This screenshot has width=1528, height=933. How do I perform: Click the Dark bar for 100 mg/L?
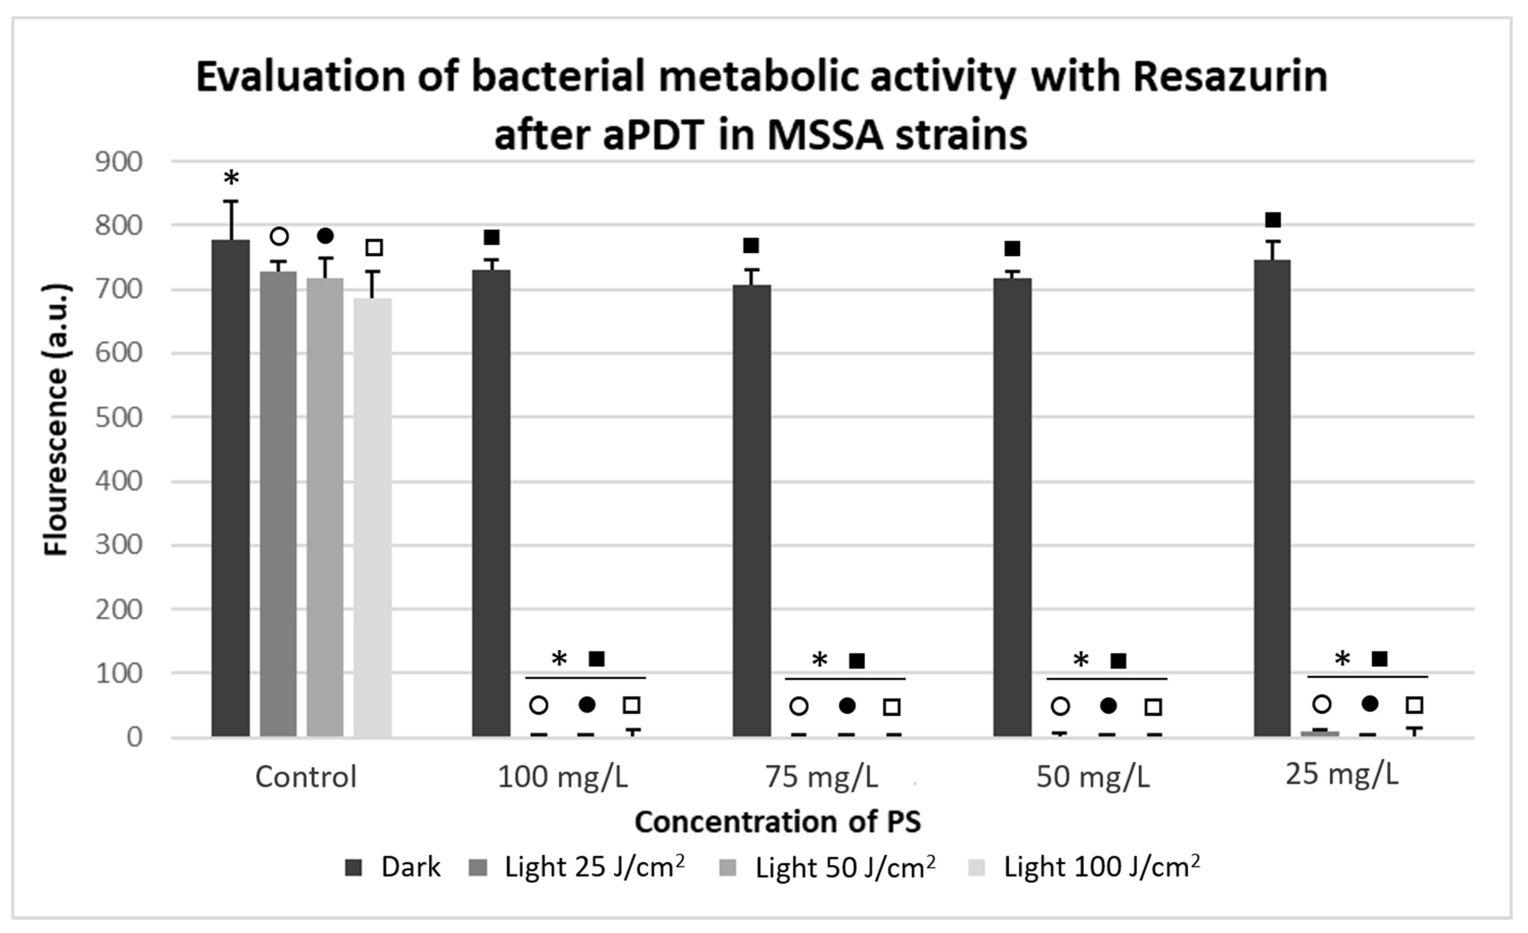tap(491, 503)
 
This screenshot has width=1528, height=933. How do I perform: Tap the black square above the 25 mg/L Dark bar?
tap(1273, 219)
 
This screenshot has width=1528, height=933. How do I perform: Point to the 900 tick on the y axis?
tap(118, 163)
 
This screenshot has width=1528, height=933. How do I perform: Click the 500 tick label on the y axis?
tap(118, 418)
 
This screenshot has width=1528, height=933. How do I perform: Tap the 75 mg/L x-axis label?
tap(822, 777)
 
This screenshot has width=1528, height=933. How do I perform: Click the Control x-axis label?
tap(306, 777)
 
